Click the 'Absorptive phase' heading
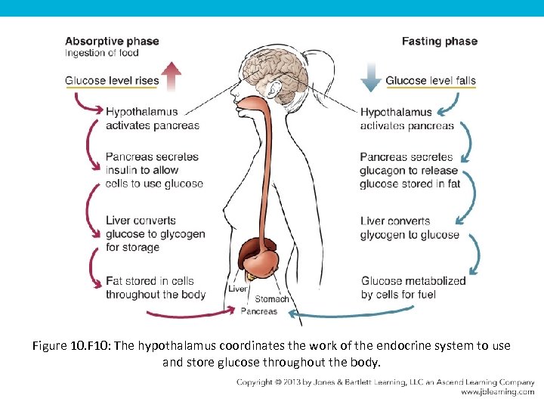pos(112,41)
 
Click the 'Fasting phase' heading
pos(439,41)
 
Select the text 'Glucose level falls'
pos(431,81)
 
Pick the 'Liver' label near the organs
pos(237,289)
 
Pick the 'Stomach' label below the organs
pos(271,299)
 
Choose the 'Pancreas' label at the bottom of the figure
pos(258,311)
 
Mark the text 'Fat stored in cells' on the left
pos(150,281)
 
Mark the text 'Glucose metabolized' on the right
pos(413,281)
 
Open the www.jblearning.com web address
pos(498,392)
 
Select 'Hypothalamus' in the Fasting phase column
pos(396,113)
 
